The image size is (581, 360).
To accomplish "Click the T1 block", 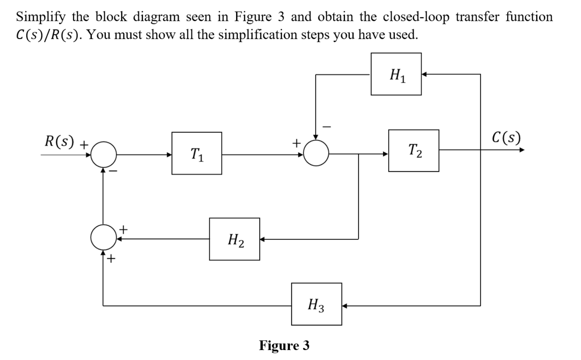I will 196,153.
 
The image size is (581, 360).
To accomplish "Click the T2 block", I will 414,151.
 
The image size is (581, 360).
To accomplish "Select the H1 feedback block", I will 396,74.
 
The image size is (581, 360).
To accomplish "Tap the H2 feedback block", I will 234,239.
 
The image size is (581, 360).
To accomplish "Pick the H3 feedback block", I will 316,304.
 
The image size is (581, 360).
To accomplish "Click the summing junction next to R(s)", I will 104,154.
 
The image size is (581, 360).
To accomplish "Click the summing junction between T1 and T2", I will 316,153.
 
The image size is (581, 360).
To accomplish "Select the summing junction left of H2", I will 103,238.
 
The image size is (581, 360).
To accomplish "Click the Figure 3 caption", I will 284,346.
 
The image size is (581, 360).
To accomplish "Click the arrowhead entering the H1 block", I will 424,74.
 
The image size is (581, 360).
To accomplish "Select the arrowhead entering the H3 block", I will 344,305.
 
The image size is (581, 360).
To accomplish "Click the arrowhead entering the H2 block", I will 262,240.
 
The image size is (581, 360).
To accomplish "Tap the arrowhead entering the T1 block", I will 169,155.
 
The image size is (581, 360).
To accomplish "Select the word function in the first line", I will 528,17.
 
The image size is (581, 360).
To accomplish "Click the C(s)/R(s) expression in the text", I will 47,35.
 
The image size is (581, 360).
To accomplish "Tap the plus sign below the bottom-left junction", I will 111,259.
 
